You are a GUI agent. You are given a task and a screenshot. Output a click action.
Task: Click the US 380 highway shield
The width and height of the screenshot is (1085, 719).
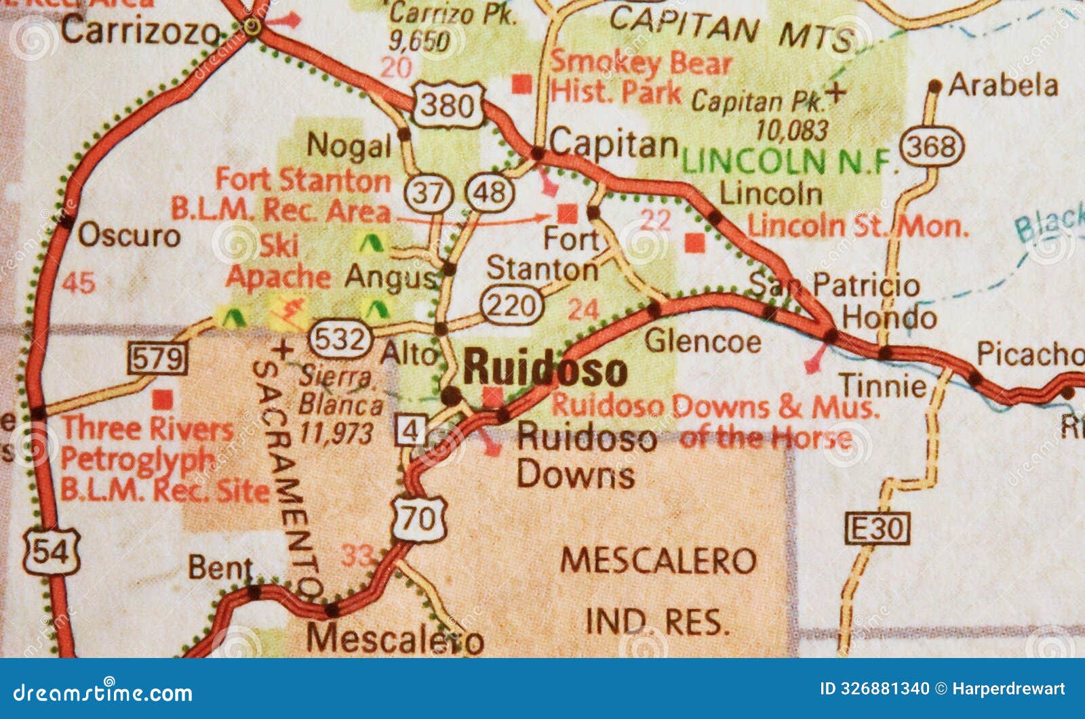(x=448, y=105)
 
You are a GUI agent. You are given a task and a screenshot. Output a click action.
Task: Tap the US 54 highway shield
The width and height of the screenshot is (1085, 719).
(x=52, y=552)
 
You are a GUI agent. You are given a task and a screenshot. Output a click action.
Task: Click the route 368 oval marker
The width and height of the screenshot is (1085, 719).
(x=932, y=146)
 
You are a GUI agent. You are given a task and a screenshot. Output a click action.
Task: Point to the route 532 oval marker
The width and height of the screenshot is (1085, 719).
(x=340, y=337)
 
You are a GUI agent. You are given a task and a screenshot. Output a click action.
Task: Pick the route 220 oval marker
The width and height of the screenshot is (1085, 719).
(x=512, y=306)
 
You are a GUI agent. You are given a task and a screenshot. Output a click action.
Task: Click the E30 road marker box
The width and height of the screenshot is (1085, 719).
(x=877, y=528)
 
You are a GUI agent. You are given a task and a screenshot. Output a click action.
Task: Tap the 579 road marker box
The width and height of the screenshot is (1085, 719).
(x=158, y=357)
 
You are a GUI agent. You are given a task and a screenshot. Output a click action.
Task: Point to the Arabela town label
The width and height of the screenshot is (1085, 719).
(x=1002, y=85)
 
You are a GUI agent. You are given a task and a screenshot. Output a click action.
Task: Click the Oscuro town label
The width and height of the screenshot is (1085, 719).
(x=129, y=236)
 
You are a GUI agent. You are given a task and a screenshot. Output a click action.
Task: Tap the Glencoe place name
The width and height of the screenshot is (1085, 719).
(x=702, y=340)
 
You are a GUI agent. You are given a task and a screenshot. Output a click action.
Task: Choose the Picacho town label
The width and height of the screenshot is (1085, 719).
(x=1029, y=354)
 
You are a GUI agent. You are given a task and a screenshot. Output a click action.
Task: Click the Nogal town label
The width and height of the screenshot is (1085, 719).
(x=349, y=145)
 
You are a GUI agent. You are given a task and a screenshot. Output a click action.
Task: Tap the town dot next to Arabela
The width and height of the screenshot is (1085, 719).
(x=935, y=86)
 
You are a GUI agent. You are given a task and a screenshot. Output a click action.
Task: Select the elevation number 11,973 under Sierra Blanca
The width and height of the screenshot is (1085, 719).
(x=336, y=432)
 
